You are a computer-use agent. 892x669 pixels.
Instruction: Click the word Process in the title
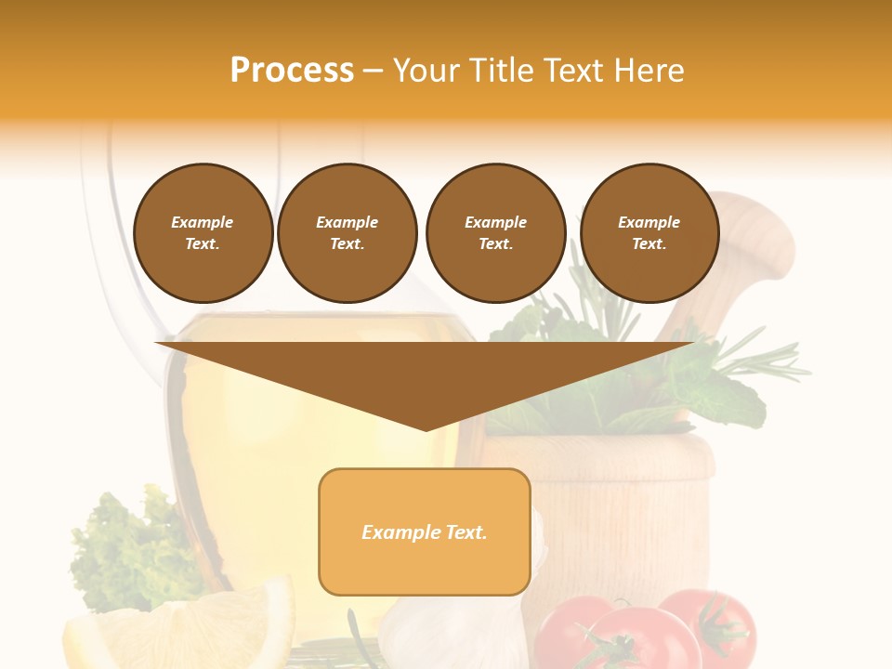[x=292, y=71]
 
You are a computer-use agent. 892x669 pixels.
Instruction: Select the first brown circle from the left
[x=203, y=233]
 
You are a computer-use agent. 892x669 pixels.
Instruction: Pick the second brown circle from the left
[x=348, y=233]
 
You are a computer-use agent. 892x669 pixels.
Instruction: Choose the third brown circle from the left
[x=496, y=233]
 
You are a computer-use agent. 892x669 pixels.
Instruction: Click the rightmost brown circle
[x=649, y=233]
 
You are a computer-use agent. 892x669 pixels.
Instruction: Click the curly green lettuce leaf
[x=121, y=548]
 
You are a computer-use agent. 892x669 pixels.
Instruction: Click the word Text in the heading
[x=578, y=71]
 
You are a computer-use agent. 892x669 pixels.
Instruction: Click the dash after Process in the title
[x=373, y=71]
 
